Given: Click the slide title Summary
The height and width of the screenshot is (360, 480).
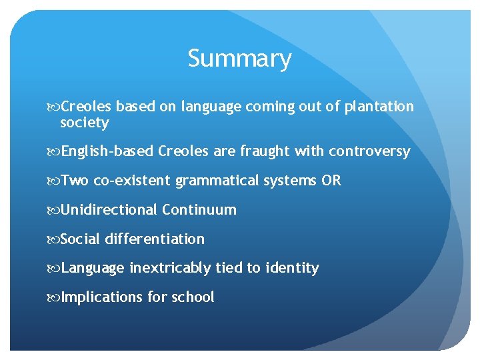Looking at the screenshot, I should [239, 59].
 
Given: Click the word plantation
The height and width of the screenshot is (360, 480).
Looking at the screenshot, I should [379, 107].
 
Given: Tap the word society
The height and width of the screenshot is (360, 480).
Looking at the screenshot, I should [84, 123].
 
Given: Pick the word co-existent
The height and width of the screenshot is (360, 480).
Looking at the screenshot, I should [133, 181].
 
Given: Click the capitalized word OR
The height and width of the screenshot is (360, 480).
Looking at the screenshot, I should [331, 181].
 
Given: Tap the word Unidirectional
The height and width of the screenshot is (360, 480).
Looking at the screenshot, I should [109, 210].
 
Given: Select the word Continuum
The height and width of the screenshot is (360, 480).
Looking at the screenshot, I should [199, 210].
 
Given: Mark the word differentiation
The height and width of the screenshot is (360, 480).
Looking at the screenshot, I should [155, 239].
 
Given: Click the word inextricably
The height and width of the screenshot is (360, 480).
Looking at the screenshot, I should [170, 268].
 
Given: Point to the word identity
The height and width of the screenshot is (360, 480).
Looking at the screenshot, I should [292, 268].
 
